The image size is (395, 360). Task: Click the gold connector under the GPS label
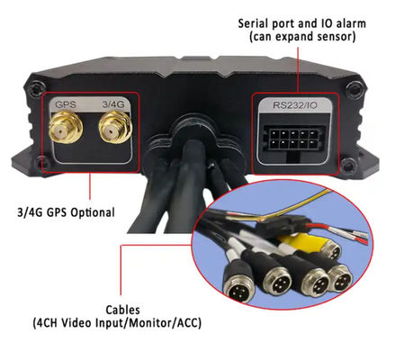pyautogui.click(x=66, y=128)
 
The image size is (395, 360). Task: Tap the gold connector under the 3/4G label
pyautogui.click(x=115, y=127)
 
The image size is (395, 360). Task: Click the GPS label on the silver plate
pyautogui.click(x=66, y=104)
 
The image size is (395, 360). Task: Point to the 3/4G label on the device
pyautogui.click(x=113, y=104)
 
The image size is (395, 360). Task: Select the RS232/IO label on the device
pyautogui.click(x=295, y=105)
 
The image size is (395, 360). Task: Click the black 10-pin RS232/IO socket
pyautogui.click(x=294, y=139)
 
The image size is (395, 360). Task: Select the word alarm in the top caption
pyautogui.click(x=350, y=23)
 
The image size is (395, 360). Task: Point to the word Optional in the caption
pyautogui.click(x=93, y=212)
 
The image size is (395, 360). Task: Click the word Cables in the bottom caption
pyautogui.click(x=122, y=310)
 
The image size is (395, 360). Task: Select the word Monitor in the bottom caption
pyautogui.click(x=152, y=323)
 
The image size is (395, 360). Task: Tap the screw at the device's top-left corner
pyautogui.click(x=35, y=88)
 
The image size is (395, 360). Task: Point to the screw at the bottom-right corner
pyautogui.click(x=348, y=165)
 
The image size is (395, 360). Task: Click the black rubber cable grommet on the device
pyautogui.click(x=194, y=141)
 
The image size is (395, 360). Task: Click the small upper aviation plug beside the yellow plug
pyautogui.click(x=332, y=249)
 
